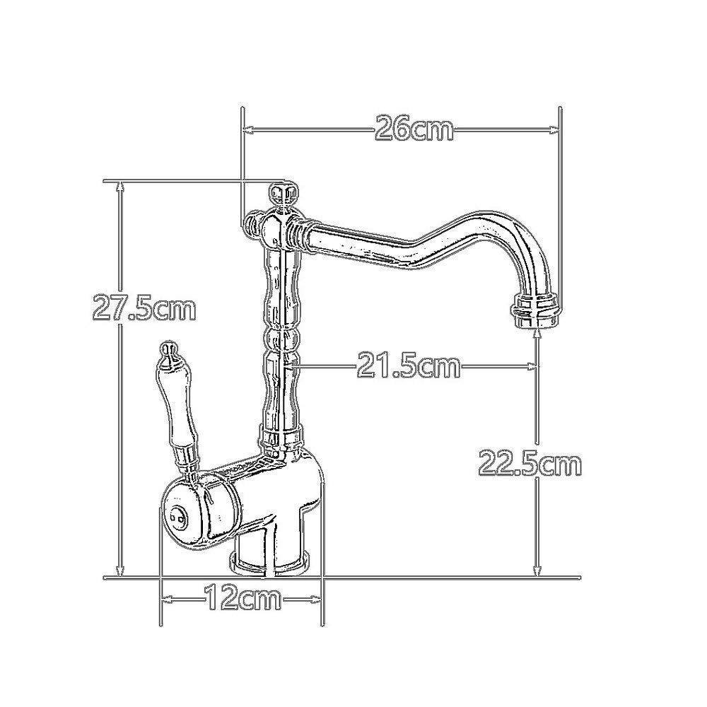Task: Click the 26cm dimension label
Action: tap(414, 129)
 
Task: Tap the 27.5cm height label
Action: tap(144, 307)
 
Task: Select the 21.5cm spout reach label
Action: tap(409, 366)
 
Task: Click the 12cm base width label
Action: tap(243, 598)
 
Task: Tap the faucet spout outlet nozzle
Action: tap(536, 310)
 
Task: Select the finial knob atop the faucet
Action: tap(283, 193)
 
